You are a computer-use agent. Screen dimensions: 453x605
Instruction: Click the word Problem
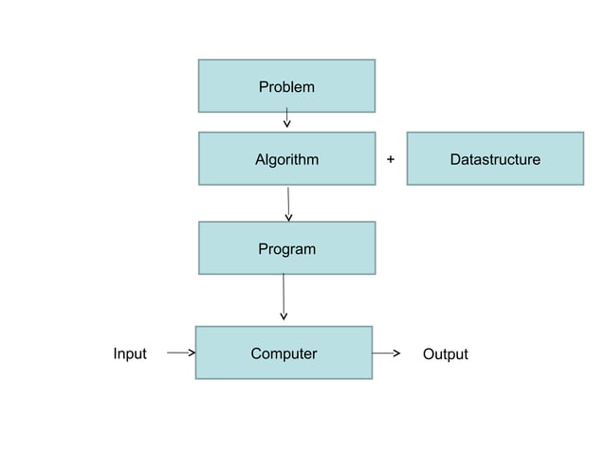(286, 87)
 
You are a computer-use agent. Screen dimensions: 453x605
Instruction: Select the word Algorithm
(286, 159)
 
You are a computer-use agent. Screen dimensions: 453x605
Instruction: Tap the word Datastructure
(495, 159)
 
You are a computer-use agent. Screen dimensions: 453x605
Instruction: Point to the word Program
(286, 249)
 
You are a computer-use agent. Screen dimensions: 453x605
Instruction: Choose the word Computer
(284, 353)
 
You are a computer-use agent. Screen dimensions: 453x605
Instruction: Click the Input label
(130, 353)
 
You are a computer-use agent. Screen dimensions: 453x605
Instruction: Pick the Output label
(446, 354)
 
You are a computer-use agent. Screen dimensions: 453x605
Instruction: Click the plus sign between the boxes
(391, 159)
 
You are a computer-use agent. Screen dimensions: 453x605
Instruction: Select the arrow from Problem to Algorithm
(286, 118)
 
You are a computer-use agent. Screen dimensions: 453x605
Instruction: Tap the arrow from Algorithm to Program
(288, 203)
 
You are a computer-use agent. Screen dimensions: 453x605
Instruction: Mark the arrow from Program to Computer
(284, 296)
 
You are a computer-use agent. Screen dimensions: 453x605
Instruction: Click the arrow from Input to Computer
(180, 353)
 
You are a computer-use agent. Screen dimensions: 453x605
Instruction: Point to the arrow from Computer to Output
(385, 353)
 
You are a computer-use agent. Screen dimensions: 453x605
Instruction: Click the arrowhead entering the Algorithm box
(286, 124)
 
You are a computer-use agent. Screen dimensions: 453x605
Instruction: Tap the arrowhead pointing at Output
(395, 353)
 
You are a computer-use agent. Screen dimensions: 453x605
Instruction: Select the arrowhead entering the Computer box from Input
(192, 353)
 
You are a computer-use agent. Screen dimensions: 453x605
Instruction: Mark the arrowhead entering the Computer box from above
(284, 317)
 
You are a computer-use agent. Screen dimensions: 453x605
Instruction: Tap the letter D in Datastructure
(455, 159)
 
